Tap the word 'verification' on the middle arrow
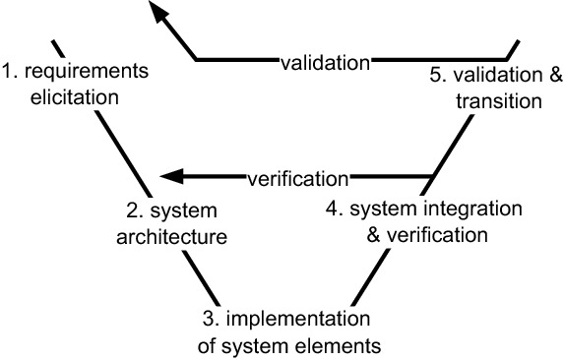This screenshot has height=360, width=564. (297, 179)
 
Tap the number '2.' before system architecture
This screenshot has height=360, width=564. (134, 212)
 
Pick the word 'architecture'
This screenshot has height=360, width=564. (172, 236)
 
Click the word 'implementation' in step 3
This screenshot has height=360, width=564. (309, 320)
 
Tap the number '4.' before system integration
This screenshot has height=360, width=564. (334, 210)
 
